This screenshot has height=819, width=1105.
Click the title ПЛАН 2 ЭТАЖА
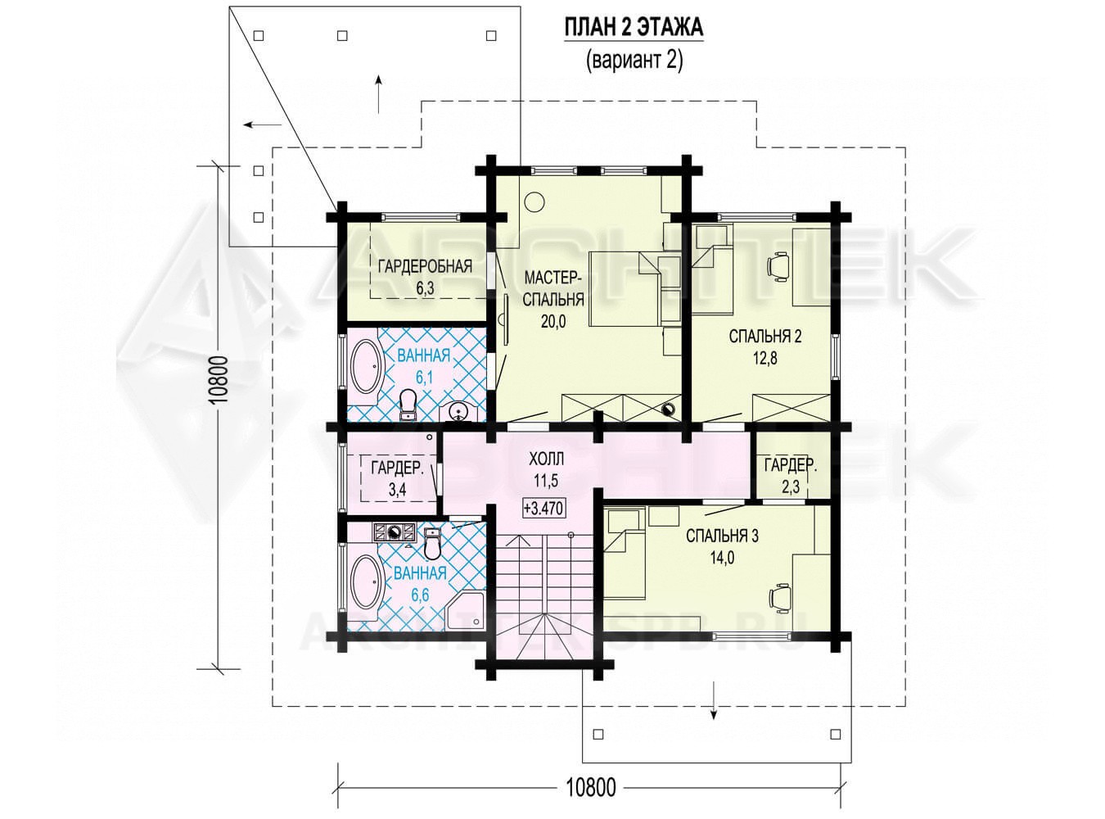[634, 27]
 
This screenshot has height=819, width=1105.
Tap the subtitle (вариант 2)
[634, 61]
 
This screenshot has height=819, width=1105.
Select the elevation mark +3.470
[543, 509]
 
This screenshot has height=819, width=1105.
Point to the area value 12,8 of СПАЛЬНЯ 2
[764, 358]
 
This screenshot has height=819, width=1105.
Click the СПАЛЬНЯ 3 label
[722, 536]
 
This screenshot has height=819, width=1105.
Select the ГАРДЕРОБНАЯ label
[425, 266]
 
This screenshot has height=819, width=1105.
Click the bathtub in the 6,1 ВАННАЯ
[368, 369]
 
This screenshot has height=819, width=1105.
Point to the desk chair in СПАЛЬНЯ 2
[778, 265]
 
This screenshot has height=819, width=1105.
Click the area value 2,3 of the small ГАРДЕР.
[791, 486]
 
